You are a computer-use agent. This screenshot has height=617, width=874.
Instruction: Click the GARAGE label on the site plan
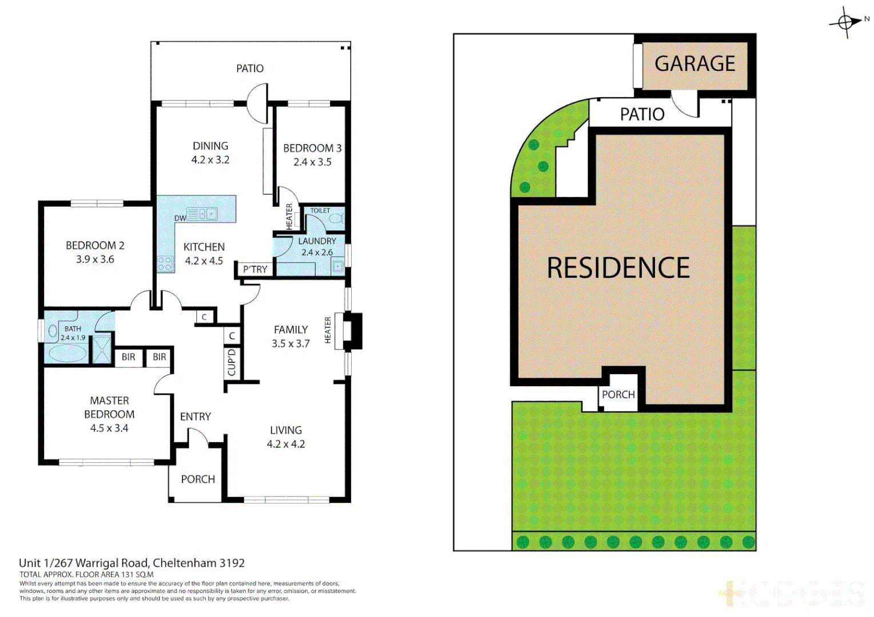694,63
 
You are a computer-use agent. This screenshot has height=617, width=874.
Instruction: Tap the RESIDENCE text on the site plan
618,268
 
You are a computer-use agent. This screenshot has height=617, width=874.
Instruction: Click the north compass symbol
846,22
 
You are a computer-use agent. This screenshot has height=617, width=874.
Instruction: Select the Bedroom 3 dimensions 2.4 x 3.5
312,162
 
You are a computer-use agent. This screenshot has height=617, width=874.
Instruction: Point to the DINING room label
210,146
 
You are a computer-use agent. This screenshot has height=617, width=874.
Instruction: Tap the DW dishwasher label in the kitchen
180,218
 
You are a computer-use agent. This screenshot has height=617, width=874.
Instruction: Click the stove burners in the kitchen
165,264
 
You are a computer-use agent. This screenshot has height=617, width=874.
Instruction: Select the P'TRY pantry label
255,270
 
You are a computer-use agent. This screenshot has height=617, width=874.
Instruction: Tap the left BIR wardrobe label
129,357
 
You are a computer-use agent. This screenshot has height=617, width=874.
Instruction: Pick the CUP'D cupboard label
232,363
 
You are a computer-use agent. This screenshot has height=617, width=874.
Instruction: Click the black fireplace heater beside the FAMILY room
352,331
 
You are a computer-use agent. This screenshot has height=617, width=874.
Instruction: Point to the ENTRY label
195,417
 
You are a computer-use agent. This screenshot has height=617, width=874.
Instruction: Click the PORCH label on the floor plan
198,479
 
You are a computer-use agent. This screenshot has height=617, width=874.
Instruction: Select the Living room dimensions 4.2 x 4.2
285,444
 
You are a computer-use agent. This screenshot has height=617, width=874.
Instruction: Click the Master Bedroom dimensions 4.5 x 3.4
109,428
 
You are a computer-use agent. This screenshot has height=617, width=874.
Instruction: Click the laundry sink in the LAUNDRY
337,266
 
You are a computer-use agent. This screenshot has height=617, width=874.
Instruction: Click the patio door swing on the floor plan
258,103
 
